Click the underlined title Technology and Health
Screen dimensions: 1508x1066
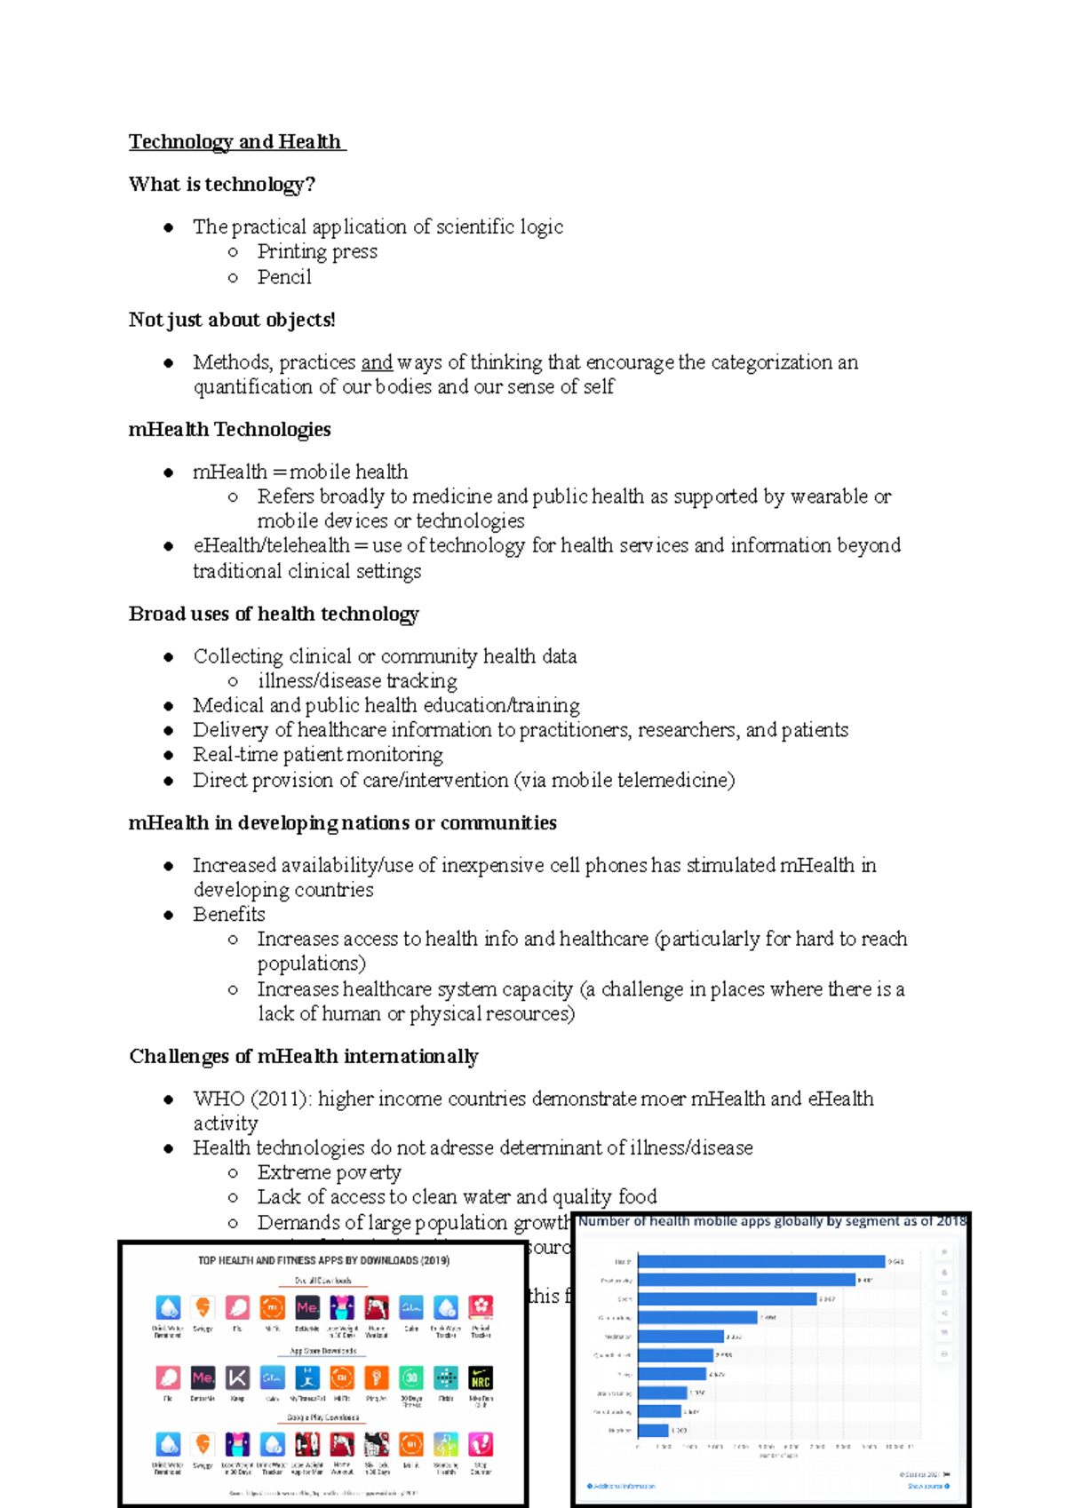pyautogui.click(x=235, y=142)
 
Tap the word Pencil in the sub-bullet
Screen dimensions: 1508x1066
pyautogui.click(x=284, y=277)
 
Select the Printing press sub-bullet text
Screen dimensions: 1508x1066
pyautogui.click(x=317, y=252)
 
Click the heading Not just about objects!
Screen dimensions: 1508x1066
pyautogui.click(x=232, y=320)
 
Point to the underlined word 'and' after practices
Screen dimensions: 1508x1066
pyautogui.click(x=377, y=362)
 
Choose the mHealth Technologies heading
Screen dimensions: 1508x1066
pyautogui.click(x=229, y=430)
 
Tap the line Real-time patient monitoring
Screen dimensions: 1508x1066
pyautogui.click(x=318, y=755)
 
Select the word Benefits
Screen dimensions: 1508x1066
pyautogui.click(x=229, y=915)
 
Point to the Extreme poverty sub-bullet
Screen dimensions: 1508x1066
pyautogui.click(x=329, y=1173)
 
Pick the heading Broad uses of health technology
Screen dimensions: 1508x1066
pyautogui.click(x=274, y=615)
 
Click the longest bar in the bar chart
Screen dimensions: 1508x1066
pyautogui.click(x=761, y=1261)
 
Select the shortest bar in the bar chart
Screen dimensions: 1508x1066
pyautogui.click(x=653, y=1430)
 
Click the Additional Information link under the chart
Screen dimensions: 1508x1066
pyautogui.click(x=622, y=1486)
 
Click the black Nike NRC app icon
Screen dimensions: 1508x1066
pyautogui.click(x=481, y=1378)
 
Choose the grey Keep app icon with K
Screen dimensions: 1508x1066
pyautogui.click(x=237, y=1378)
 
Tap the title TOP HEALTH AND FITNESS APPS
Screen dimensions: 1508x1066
pyautogui.click(x=323, y=1260)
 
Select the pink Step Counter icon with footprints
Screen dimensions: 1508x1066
pyautogui.click(x=481, y=1444)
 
